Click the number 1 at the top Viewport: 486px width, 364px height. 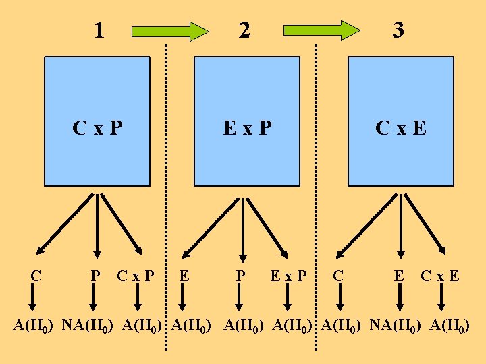tap(99, 30)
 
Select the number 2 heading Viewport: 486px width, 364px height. tap(244, 30)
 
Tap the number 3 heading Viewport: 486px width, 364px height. tap(399, 30)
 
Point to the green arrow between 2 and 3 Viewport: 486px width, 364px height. tap(322, 30)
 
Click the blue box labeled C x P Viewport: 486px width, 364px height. tap(97, 121)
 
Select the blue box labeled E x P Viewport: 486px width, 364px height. tap(247, 121)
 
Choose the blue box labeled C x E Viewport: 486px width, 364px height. tap(400, 121)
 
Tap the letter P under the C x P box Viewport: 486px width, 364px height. tap(96, 276)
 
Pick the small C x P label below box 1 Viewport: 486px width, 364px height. tap(135, 276)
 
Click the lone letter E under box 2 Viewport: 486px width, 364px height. tap(184, 276)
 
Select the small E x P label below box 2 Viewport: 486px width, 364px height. tap(288, 276)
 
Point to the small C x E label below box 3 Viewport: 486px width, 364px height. tap(440, 276)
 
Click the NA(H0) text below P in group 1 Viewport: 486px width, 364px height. tap(89, 326)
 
